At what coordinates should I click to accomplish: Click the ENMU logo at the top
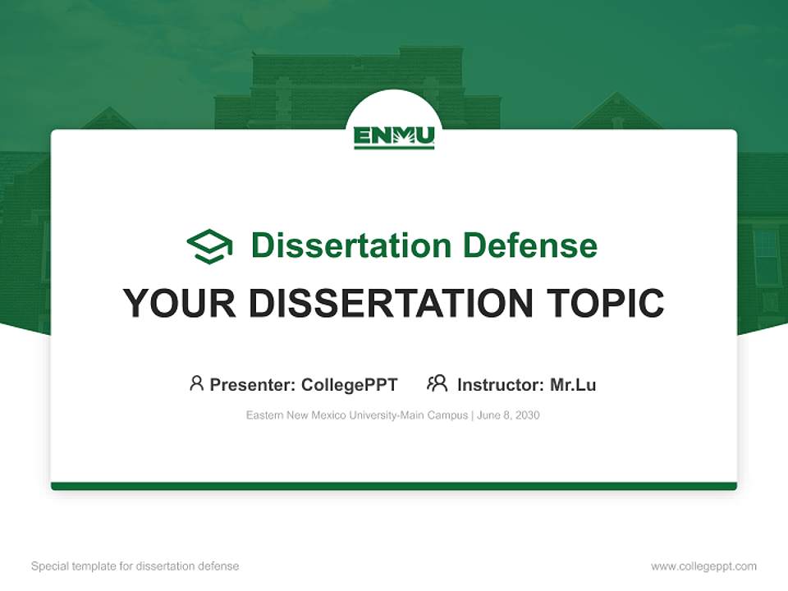coord(394,136)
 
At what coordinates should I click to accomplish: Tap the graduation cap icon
coord(209,246)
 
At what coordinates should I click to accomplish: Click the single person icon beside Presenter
coord(196,383)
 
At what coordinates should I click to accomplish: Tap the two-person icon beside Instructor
coord(438,383)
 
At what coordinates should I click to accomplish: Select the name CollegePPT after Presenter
coord(349,385)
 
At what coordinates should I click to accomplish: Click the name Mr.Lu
coord(573,385)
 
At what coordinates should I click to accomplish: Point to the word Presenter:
coord(253,385)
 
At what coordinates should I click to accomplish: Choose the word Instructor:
coord(500,385)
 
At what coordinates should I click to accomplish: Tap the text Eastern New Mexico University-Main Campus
coord(356,415)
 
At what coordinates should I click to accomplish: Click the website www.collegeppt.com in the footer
coord(703,566)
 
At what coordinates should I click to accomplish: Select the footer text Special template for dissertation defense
coord(135,566)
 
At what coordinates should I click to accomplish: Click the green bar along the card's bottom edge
coord(394,486)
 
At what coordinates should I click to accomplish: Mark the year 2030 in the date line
coord(527,415)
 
